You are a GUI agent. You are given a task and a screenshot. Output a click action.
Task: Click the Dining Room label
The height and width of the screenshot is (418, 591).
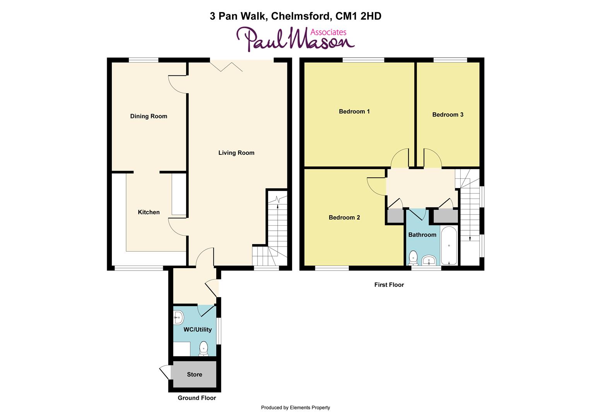click(x=149, y=116)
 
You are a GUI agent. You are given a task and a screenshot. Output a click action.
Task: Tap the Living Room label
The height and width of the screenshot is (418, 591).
click(x=236, y=153)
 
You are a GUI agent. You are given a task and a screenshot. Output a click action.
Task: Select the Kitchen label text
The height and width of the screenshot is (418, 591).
click(x=149, y=212)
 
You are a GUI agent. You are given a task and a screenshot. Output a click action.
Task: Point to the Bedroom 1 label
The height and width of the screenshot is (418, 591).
click(x=354, y=111)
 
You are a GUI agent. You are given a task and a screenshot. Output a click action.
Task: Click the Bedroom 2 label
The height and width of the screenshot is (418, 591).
click(x=344, y=218)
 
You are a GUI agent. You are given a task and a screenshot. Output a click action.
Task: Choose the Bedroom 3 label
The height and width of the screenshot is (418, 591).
click(x=448, y=115)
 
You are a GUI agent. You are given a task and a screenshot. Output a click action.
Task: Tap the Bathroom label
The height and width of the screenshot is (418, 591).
click(x=422, y=235)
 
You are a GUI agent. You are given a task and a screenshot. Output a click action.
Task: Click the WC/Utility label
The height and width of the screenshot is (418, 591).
click(x=197, y=329)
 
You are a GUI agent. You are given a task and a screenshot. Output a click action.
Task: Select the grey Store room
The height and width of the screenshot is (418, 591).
click(x=194, y=374)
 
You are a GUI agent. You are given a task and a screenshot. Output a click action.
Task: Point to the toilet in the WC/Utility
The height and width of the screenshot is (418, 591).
click(x=203, y=349)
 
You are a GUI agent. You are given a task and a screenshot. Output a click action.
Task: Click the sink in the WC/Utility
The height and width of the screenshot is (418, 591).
click(x=178, y=318)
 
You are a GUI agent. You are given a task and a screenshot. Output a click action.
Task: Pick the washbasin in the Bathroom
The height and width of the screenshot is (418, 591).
click(x=429, y=260)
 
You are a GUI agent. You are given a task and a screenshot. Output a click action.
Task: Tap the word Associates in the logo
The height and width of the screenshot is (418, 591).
click(x=329, y=32)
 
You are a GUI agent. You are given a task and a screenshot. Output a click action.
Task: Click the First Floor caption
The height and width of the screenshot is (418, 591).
click(x=389, y=285)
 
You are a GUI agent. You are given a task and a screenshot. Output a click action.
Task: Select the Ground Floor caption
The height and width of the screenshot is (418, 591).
click(x=196, y=398)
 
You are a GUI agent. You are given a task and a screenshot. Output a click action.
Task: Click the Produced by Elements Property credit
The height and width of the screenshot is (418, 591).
click(x=295, y=408)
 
